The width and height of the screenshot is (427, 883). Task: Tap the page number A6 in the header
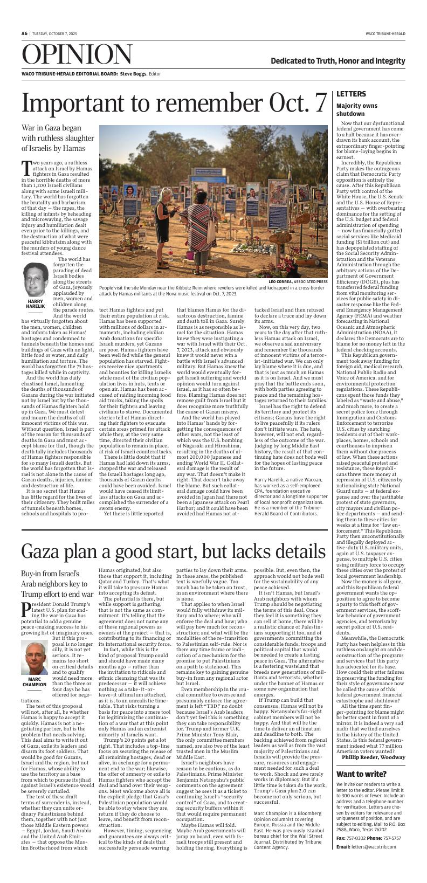[24, 33]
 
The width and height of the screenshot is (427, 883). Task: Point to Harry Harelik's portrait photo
[36, 279]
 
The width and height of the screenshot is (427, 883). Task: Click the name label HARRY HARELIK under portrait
[36, 303]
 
